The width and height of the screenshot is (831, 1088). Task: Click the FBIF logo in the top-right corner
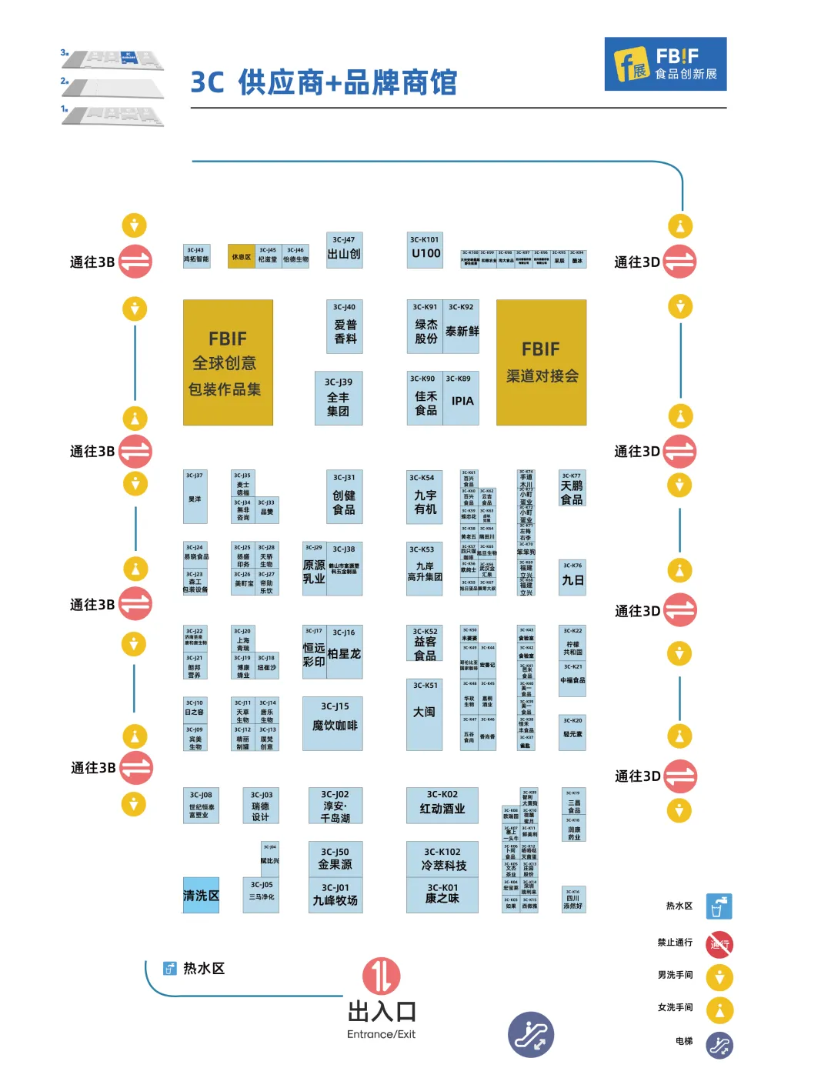click(x=666, y=64)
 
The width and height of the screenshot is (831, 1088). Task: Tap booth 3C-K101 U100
click(x=425, y=250)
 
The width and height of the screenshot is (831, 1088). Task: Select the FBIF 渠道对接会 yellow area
click(x=541, y=362)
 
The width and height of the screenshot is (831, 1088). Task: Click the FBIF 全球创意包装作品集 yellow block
click(x=228, y=362)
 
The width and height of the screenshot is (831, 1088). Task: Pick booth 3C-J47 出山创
click(x=344, y=250)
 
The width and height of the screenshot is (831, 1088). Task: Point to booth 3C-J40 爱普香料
click(x=344, y=326)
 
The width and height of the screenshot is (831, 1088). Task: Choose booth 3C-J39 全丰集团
click(x=339, y=398)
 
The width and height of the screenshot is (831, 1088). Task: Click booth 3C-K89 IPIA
click(x=462, y=398)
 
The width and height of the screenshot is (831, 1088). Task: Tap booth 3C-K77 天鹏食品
click(x=572, y=489)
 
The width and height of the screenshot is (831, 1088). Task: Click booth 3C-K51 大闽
click(x=424, y=714)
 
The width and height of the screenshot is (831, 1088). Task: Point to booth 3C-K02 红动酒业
click(x=442, y=805)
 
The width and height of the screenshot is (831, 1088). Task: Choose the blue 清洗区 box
click(x=201, y=895)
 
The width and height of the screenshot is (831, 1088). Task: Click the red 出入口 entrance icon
click(x=382, y=976)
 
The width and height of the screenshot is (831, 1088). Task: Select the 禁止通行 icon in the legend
click(x=719, y=944)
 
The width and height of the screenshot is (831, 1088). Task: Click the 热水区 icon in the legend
click(x=719, y=906)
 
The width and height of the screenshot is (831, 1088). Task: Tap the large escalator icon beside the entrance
click(x=531, y=1034)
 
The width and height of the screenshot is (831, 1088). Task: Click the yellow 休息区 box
click(x=242, y=257)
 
